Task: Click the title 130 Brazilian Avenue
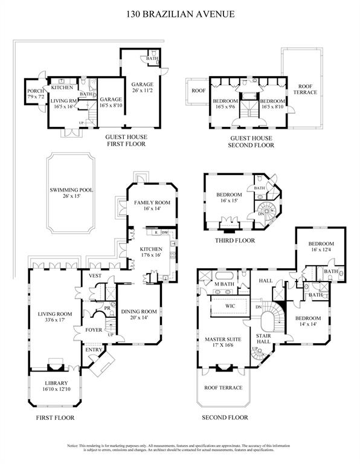(179, 13)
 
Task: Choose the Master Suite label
(223, 343)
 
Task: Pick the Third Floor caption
(234, 240)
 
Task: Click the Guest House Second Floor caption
(251, 141)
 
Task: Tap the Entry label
(95, 350)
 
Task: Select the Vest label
(95, 275)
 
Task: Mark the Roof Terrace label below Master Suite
(223, 387)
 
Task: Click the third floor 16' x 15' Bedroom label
(230, 198)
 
